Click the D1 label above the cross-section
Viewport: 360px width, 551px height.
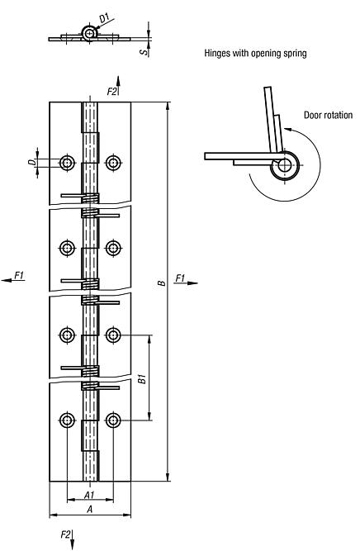tap(104, 17)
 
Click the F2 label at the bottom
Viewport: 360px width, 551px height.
tap(66, 535)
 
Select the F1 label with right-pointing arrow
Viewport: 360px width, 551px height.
tap(182, 278)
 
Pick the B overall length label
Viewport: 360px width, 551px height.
tap(161, 284)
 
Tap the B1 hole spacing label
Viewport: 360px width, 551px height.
tap(142, 379)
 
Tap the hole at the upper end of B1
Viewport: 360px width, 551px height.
tap(113, 335)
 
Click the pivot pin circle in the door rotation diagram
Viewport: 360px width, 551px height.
tap(284, 165)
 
